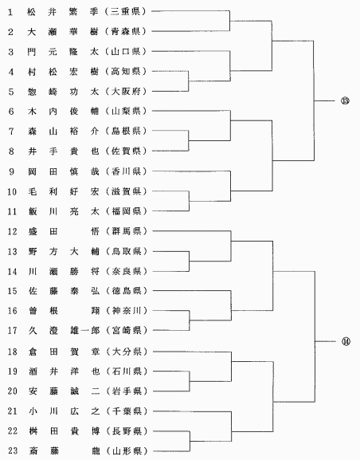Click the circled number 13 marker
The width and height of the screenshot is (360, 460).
coord(345,100)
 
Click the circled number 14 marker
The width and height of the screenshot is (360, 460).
coord(346,341)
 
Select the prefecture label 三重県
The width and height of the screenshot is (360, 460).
coord(126,12)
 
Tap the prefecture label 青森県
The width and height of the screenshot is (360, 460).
coord(126,31)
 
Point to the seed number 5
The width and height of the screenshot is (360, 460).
coord(11,92)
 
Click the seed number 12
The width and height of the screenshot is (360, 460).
coord(12,232)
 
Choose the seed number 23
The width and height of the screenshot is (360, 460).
coord(13,450)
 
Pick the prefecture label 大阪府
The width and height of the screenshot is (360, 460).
coord(127,91)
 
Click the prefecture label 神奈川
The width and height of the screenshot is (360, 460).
coord(127,311)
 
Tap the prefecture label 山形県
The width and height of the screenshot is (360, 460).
coord(127,450)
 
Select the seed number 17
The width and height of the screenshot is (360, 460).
coord(13,331)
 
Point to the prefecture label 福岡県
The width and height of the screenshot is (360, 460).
coord(127,211)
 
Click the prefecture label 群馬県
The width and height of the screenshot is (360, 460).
coord(127,231)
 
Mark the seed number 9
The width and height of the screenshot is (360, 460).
coord(11,171)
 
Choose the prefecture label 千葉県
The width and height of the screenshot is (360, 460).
coord(127,411)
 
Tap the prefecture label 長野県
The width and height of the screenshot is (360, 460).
coord(127,431)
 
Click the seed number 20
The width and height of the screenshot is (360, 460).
coord(13,391)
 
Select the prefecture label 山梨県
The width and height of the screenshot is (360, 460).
coord(127,111)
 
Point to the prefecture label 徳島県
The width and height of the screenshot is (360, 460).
coord(127,291)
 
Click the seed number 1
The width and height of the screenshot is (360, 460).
coord(10,12)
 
